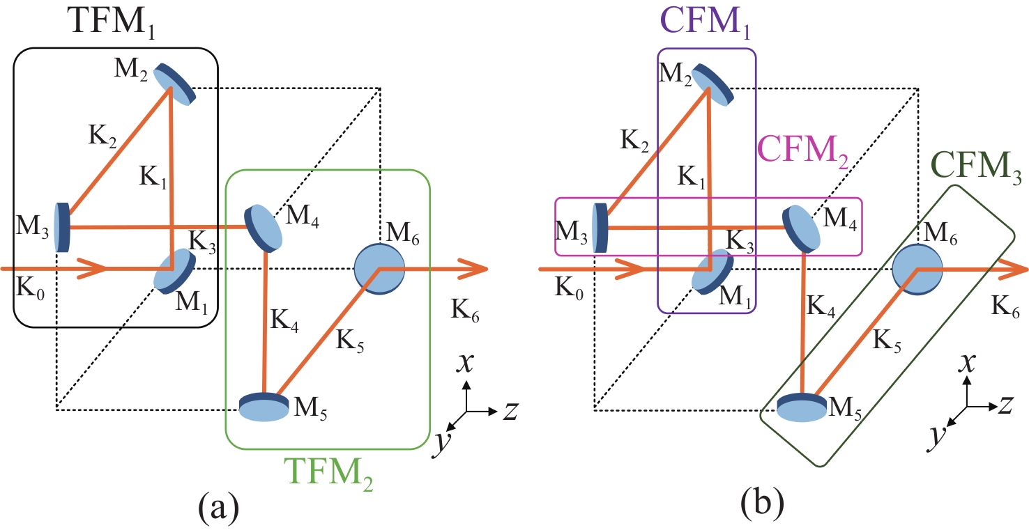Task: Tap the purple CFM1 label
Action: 705,24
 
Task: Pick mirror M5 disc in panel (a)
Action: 264,407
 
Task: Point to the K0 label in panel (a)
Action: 27,288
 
